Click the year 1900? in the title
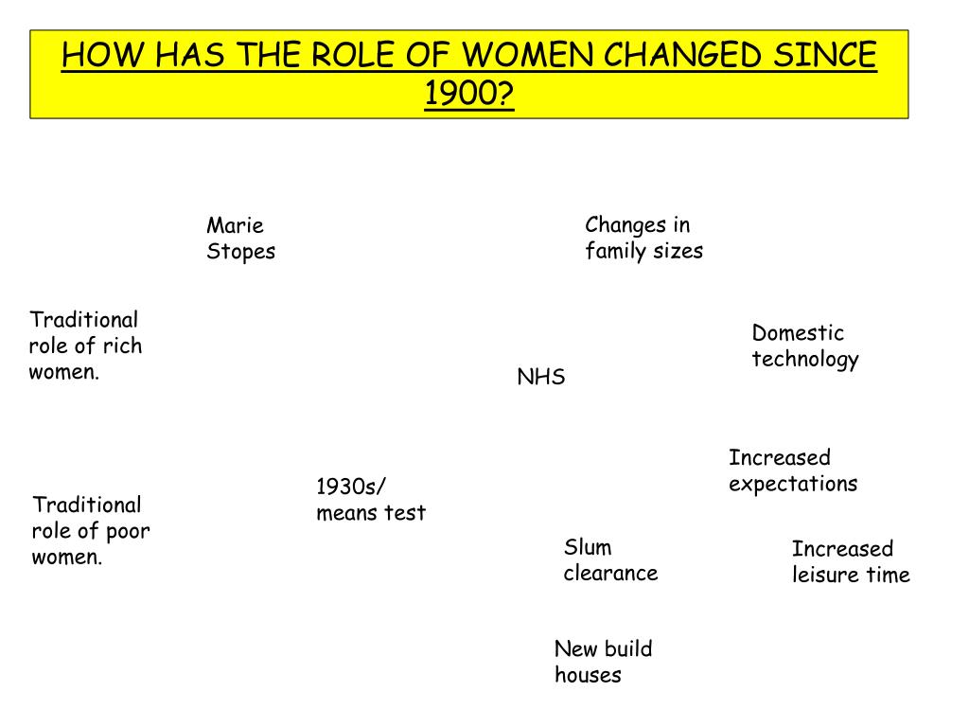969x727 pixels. [x=469, y=94]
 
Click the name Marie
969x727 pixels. [x=235, y=225]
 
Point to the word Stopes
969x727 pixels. [x=241, y=252]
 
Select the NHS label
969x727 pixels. [x=540, y=378]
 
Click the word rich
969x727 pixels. [x=122, y=346]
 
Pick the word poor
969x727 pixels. [x=128, y=531]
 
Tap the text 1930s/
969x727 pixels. [x=351, y=487]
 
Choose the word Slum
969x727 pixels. [x=588, y=547]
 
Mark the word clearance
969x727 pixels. [x=610, y=573]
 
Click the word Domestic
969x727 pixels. [x=797, y=333]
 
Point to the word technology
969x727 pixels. [x=805, y=360]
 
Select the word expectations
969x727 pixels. [x=793, y=484]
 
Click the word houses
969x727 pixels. [x=588, y=675]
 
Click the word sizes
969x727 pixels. [x=678, y=251]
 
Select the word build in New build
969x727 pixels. [x=628, y=649]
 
